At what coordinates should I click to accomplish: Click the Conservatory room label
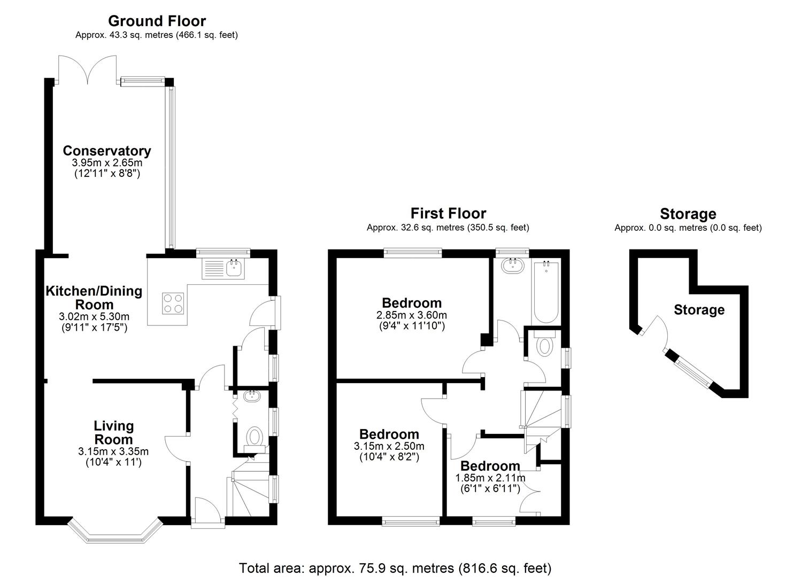[x=107, y=151]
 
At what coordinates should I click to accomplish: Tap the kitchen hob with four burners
[x=173, y=303]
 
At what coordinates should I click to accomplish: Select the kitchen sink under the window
[x=223, y=268]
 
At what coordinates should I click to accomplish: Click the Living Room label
[x=113, y=433]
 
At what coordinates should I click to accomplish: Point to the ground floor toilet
[x=255, y=437]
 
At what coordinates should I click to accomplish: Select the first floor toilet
[x=544, y=346]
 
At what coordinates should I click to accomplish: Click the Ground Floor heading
[x=157, y=21]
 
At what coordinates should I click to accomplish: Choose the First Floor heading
[x=448, y=214]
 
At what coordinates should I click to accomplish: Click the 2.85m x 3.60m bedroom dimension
[x=412, y=315]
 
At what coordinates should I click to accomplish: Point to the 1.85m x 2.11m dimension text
[x=490, y=478]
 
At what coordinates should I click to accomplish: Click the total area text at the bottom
[x=395, y=567]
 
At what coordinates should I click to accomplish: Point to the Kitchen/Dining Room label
[x=94, y=298]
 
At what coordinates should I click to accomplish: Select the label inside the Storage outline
[x=699, y=310]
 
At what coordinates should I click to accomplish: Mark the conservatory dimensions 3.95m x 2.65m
[x=107, y=163]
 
